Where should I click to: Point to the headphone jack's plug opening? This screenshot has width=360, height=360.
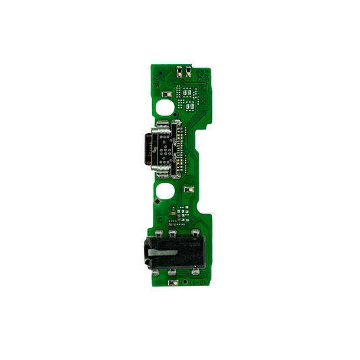tap(145, 252)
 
